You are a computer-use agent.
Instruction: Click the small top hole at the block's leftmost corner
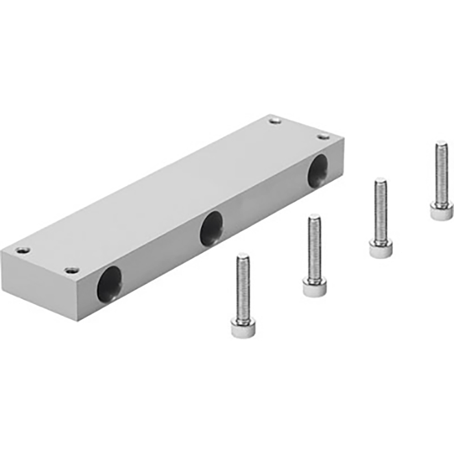(23, 250)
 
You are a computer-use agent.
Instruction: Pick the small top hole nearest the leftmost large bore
(72, 270)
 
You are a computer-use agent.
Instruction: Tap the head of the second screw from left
(314, 286)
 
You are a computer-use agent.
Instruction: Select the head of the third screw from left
(380, 248)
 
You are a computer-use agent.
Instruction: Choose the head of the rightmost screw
(441, 211)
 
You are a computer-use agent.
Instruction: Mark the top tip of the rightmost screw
(441, 143)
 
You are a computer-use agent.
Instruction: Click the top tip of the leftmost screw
(243, 256)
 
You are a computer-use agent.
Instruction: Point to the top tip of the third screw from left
(381, 181)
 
